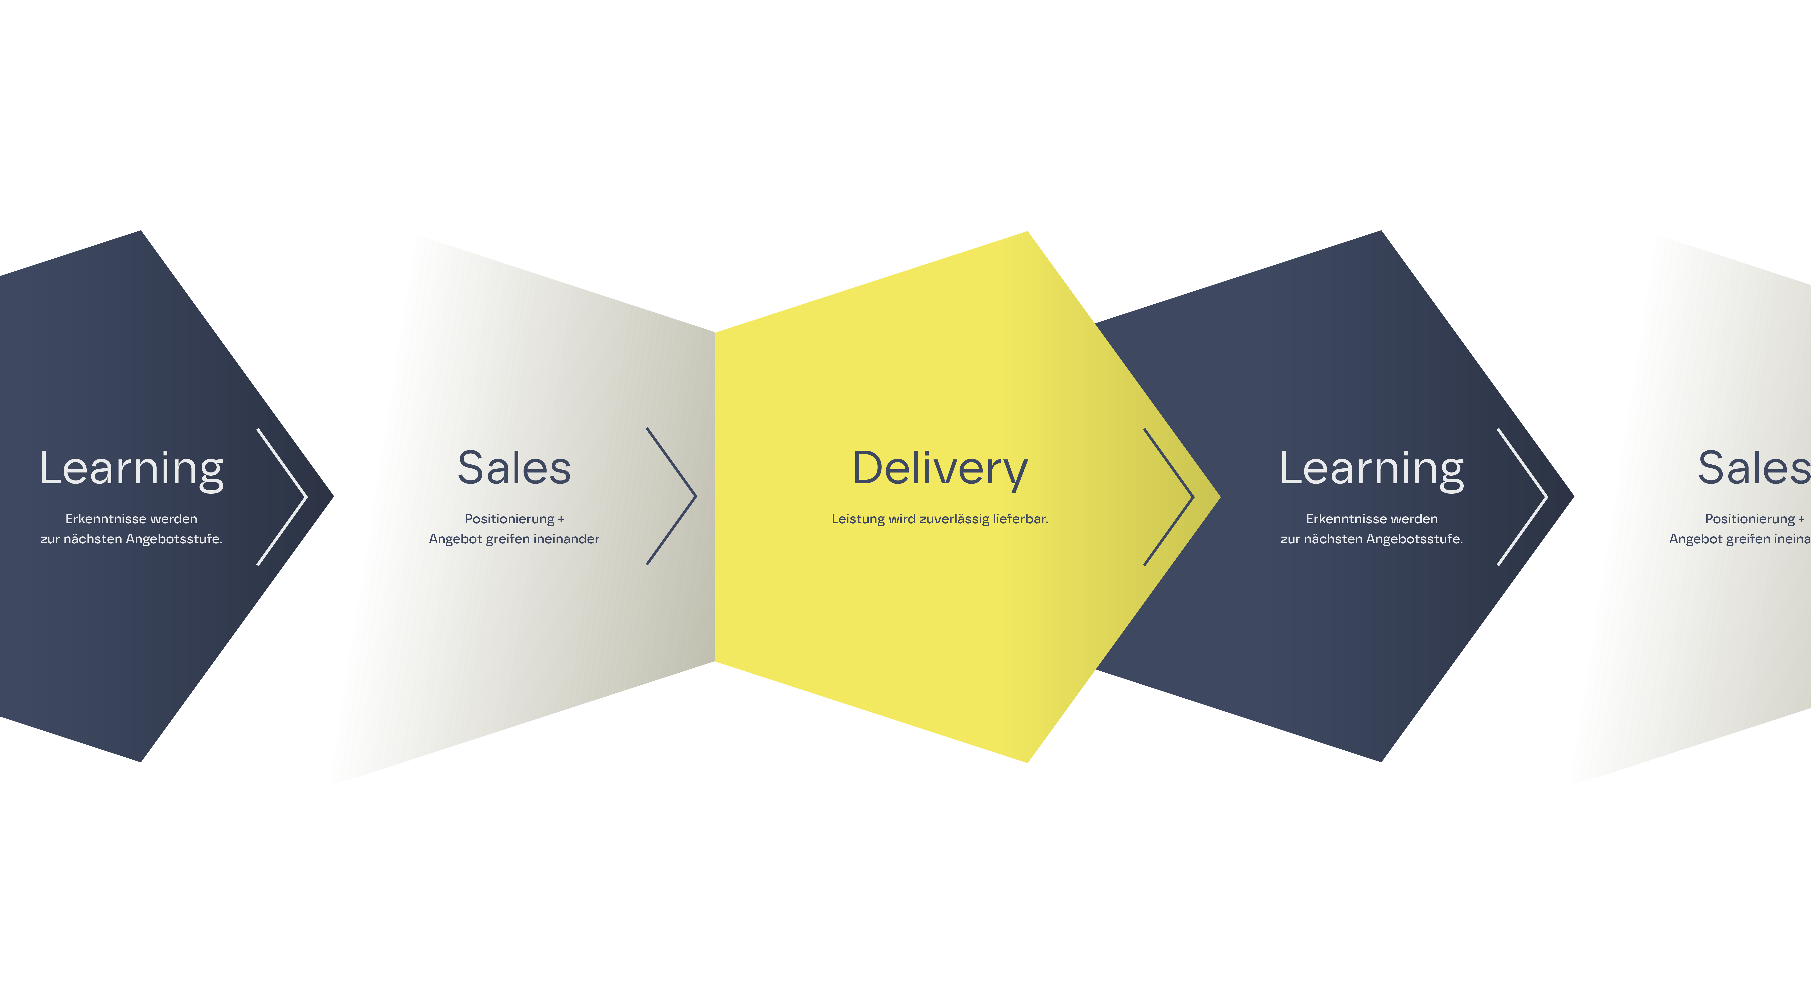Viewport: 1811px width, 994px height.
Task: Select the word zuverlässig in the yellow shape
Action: point(954,519)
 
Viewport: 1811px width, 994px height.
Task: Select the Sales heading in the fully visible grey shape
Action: point(514,468)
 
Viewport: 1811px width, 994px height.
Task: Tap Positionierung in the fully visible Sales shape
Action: point(510,519)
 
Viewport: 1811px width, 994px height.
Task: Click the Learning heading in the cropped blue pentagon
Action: point(132,468)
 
